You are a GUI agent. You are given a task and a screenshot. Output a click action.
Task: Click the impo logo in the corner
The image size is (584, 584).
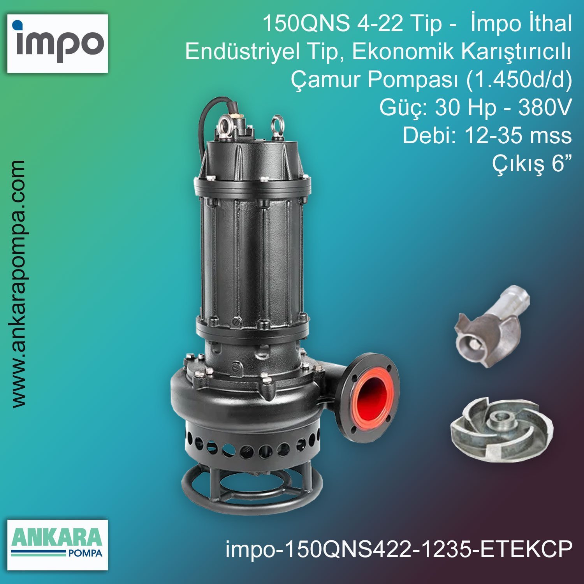pos(58,43)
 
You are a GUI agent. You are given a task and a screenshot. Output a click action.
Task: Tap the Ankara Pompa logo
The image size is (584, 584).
pos(58,545)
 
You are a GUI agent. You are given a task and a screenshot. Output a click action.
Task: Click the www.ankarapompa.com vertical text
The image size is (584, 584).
pos(18,284)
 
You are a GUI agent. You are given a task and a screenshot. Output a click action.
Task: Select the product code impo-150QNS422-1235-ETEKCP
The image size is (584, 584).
pos(399,549)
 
